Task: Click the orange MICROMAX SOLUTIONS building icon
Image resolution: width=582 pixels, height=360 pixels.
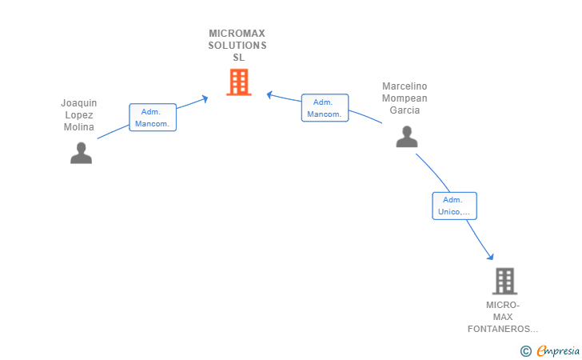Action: pyautogui.click(x=238, y=82)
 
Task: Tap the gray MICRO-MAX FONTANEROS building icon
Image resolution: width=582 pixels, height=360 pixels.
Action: pyautogui.click(x=504, y=281)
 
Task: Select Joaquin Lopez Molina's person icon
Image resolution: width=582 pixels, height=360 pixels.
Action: pyautogui.click(x=81, y=153)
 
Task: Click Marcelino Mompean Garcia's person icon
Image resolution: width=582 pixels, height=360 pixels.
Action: pyautogui.click(x=407, y=137)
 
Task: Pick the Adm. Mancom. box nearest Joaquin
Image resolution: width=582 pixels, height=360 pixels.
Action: pyautogui.click(x=152, y=118)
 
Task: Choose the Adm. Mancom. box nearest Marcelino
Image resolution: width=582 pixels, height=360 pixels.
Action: pyautogui.click(x=325, y=108)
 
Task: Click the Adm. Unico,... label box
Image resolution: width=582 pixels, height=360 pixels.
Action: pyautogui.click(x=454, y=206)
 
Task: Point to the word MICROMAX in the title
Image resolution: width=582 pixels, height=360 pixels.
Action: pyautogui.click(x=237, y=34)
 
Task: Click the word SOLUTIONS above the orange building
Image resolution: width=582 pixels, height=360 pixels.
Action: pyautogui.click(x=237, y=46)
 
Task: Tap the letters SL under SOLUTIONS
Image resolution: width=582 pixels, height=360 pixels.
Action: pyautogui.click(x=238, y=58)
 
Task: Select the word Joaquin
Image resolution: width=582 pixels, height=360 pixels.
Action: pyautogui.click(x=78, y=103)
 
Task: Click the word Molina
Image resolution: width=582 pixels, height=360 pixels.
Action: pyautogui.click(x=79, y=127)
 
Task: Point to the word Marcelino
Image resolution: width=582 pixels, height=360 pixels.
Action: pyautogui.click(x=405, y=86)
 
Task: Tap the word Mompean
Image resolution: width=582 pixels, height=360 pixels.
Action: pyautogui.click(x=405, y=98)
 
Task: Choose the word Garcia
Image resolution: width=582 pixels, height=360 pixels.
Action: pyautogui.click(x=405, y=110)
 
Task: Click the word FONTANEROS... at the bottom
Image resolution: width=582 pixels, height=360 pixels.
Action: pyautogui.click(x=503, y=329)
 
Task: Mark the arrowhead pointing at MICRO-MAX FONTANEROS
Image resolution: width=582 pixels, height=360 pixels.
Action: pyautogui.click(x=490, y=256)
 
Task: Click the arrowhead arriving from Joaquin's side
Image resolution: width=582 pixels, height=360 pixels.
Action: pyautogui.click(x=205, y=98)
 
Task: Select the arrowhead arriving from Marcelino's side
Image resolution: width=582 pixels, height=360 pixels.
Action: pyautogui.click(x=270, y=94)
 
